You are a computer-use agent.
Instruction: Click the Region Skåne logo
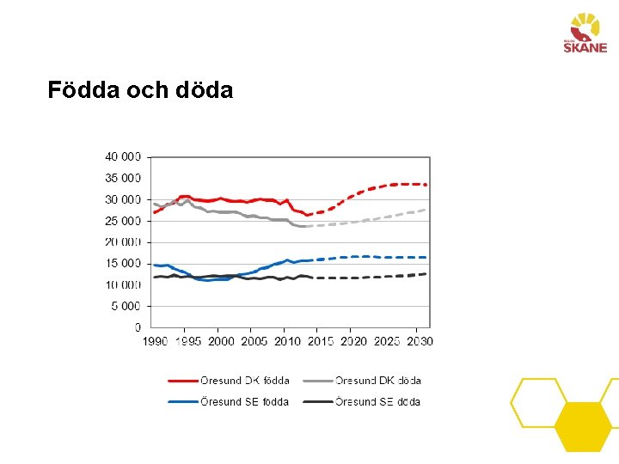click(585, 34)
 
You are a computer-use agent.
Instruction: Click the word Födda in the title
click(83, 89)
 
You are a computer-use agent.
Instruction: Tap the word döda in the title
click(204, 89)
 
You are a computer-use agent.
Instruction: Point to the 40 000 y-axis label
click(123, 157)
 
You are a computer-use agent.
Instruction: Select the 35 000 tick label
click(123, 179)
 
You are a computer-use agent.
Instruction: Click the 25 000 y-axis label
click(123, 221)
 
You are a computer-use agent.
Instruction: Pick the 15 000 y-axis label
click(123, 264)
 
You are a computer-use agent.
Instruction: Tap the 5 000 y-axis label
click(126, 306)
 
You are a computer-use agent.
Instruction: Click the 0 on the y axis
click(138, 327)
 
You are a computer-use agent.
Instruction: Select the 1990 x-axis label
click(155, 341)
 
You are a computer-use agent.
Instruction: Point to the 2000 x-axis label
click(221, 341)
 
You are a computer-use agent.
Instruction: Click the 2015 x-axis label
click(321, 341)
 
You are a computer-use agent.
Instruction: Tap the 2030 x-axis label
click(420, 341)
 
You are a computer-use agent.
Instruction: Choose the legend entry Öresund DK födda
click(229, 381)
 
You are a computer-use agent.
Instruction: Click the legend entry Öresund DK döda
click(362, 381)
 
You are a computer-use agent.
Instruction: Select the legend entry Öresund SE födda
click(228, 402)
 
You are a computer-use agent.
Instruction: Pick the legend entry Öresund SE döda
click(362, 402)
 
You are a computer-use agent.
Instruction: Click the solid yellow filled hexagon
click(583, 427)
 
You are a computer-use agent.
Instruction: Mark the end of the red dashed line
click(426, 185)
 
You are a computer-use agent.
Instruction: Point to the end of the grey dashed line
click(426, 210)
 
